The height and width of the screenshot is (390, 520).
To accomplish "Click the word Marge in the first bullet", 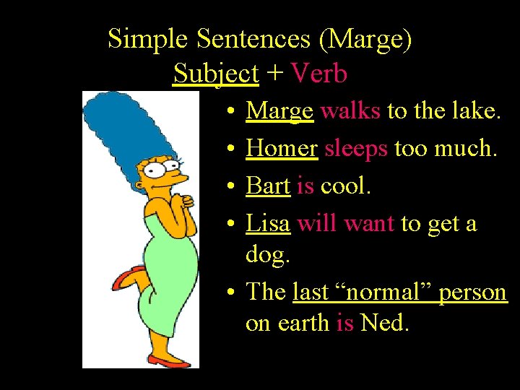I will (279, 110).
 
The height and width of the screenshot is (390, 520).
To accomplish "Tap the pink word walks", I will (350, 110).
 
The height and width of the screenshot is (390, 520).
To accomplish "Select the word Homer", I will (282, 148).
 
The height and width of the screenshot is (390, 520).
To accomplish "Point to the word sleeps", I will (356, 148).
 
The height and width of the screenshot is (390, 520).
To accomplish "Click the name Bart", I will (268, 186).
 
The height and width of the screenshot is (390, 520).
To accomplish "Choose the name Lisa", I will (268, 223).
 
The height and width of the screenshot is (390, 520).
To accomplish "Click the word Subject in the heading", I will (215, 73).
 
